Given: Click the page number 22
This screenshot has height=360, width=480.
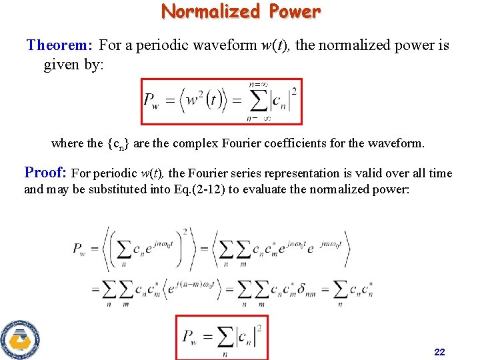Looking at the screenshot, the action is click(x=439, y=351).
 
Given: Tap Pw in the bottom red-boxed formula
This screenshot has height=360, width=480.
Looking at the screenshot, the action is click(x=189, y=337).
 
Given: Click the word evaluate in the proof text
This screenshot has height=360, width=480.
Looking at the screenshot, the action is click(x=273, y=189).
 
